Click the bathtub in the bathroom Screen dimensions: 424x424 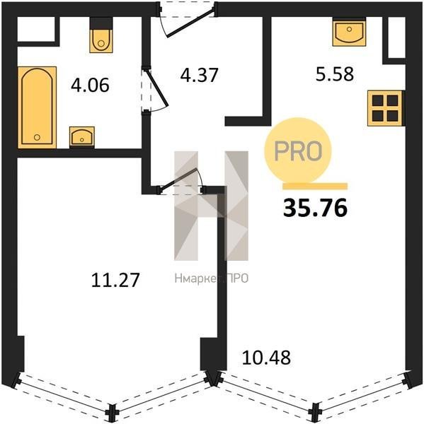pyautogui.click(x=37, y=107)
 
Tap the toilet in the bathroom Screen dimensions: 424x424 pyautogui.click(x=101, y=40)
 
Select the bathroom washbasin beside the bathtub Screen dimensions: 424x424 pyautogui.click(x=82, y=136)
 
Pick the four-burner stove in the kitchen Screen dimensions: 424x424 pyautogui.click(x=385, y=108)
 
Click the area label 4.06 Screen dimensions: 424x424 pyautogui.click(x=90, y=85)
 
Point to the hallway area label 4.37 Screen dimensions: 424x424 pyautogui.click(x=199, y=75)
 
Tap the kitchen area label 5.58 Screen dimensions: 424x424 pyautogui.click(x=335, y=73)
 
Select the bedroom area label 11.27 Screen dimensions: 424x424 pyautogui.click(x=115, y=280)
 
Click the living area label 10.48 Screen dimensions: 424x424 pyautogui.click(x=266, y=357)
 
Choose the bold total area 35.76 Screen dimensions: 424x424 pyautogui.click(x=315, y=208)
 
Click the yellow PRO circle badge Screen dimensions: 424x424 pyautogui.click(x=298, y=151)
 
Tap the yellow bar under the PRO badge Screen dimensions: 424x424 pyautogui.click(x=315, y=186)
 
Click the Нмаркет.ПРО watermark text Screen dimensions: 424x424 pyautogui.click(x=212, y=278)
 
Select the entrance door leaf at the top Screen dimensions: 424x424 pyautogui.click(x=190, y=23)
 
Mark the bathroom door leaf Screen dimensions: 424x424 pyautogui.click(x=157, y=88)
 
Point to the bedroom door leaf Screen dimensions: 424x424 pyautogui.click(x=178, y=177)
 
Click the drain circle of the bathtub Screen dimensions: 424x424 pyautogui.click(x=37, y=137)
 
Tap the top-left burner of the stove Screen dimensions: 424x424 pyautogui.click(x=377, y=100)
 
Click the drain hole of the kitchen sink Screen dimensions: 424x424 pyautogui.click(x=349, y=29)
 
